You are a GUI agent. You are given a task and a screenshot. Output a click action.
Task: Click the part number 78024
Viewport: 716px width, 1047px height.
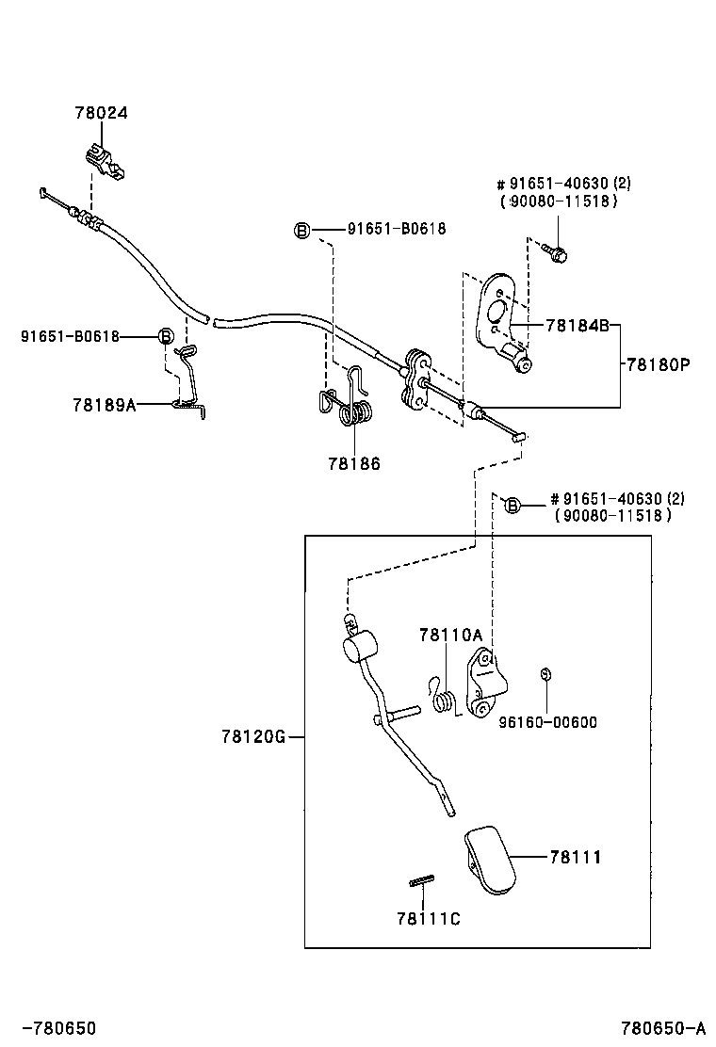point(102,113)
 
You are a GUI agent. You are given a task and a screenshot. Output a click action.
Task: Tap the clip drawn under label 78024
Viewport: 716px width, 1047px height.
point(106,163)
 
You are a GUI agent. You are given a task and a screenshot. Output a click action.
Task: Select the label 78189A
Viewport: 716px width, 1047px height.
point(105,405)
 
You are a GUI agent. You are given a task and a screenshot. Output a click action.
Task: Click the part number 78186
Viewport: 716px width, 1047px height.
point(354,463)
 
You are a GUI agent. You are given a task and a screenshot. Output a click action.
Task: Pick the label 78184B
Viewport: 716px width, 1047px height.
point(578,325)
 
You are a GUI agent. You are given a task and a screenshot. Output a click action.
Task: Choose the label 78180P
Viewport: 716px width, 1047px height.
point(658,364)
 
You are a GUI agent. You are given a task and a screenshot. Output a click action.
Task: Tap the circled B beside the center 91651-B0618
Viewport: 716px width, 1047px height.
point(302,231)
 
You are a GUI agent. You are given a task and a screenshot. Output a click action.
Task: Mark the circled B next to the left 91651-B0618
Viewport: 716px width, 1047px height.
point(165,336)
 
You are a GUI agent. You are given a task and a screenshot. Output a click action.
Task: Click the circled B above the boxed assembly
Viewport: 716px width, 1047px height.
point(512,506)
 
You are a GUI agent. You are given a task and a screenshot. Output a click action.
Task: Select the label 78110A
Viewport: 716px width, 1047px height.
point(451,635)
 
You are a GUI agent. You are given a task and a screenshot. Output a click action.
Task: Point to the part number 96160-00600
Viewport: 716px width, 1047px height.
point(548,722)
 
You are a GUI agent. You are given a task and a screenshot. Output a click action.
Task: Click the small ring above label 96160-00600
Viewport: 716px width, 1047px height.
point(545,674)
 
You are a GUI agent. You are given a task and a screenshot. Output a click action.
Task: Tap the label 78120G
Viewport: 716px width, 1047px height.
point(253,736)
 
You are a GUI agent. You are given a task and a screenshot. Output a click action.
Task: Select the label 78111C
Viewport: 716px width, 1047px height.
point(429,920)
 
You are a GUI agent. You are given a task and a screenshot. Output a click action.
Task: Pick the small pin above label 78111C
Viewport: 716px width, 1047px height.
point(422,880)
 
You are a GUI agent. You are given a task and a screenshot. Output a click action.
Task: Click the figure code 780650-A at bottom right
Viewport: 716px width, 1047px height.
point(662,1027)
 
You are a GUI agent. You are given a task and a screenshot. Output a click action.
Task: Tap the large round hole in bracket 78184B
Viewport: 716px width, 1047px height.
point(497,312)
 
